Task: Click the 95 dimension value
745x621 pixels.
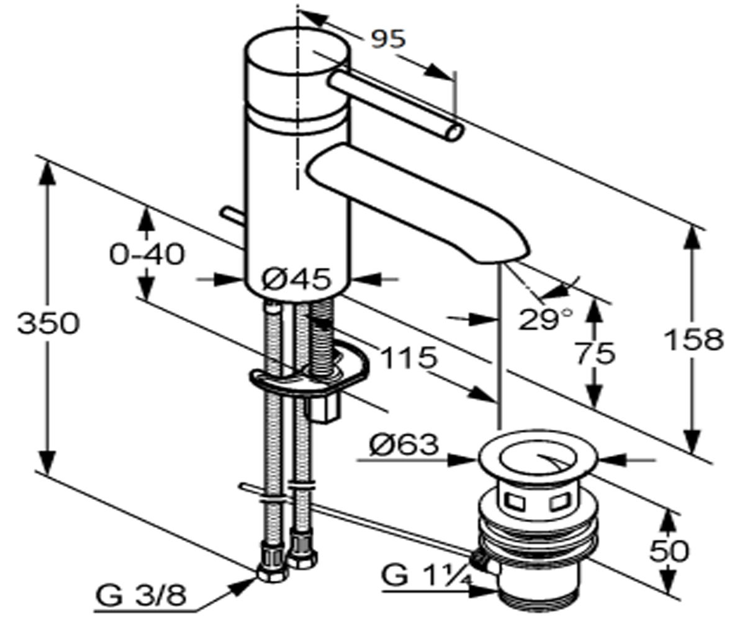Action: tap(389, 39)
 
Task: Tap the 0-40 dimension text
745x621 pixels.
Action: tap(147, 255)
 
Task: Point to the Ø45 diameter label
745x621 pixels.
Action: tap(296, 279)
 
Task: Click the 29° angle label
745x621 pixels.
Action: tap(546, 319)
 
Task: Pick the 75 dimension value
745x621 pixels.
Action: tap(596, 354)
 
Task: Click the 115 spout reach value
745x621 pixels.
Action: tap(409, 358)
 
